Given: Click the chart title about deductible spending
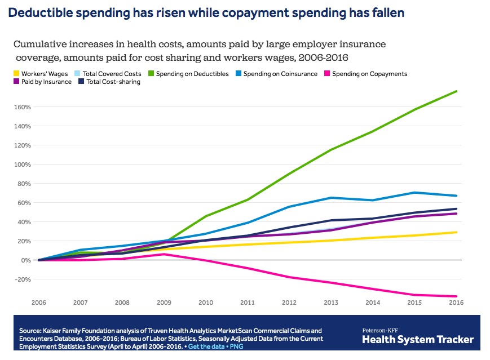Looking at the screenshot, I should tap(206, 12).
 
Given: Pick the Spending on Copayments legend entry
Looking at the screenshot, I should tap(365, 74).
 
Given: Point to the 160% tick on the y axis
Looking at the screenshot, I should tap(23, 107).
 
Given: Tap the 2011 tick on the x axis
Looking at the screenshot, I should tap(248, 303).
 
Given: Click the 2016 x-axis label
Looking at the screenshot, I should tap(456, 303).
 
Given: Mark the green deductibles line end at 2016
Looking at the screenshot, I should tap(456, 91).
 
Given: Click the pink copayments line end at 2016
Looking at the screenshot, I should tap(456, 296).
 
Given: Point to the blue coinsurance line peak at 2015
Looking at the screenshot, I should tap(415, 193).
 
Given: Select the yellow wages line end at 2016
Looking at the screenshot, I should tap(456, 232).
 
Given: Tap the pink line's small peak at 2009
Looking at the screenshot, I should tap(164, 254).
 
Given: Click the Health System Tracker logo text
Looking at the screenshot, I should tap(417, 339).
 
